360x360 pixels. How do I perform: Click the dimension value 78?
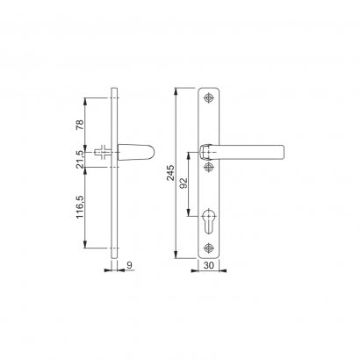tap(80, 125)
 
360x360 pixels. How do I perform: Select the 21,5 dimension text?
tap(80, 160)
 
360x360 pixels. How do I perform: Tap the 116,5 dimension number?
tap(80, 207)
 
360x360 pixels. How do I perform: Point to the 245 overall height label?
tap(170, 173)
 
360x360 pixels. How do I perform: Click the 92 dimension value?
tap(184, 184)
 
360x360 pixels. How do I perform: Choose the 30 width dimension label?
tap(208, 265)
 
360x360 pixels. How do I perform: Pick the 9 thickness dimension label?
tap(130, 265)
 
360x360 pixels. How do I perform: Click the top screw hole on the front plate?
tap(208, 98)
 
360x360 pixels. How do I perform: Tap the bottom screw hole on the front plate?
tap(208, 248)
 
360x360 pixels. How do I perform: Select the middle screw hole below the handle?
tap(208, 168)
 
